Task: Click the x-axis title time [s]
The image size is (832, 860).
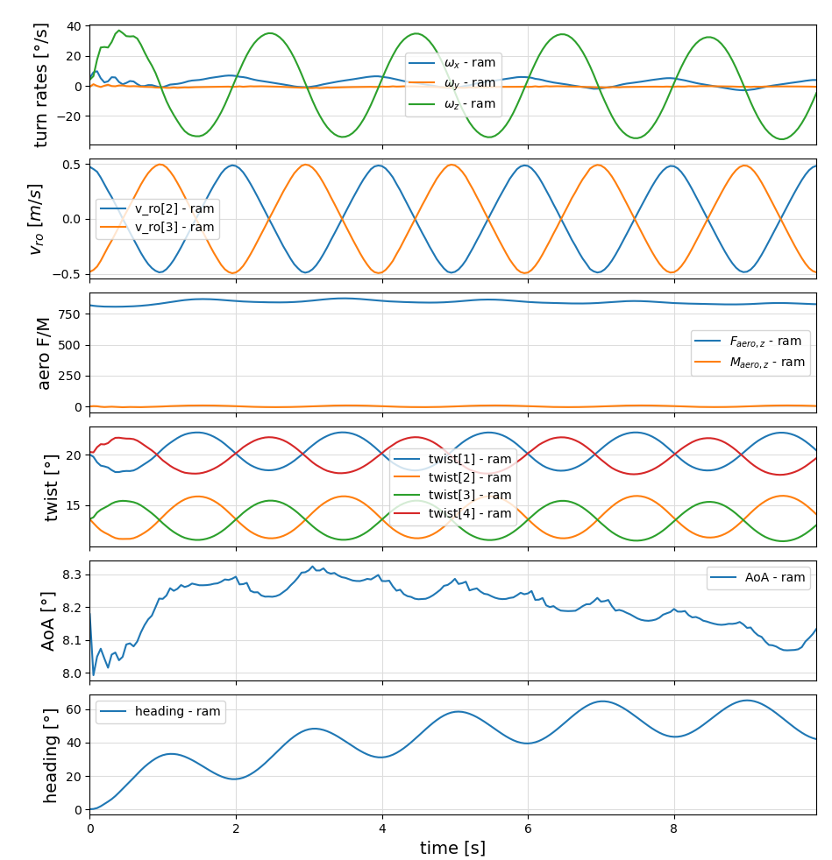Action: point(452,848)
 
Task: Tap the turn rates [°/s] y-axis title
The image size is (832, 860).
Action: point(42,85)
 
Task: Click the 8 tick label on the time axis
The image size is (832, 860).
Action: point(673,828)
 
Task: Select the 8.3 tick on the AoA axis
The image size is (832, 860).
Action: point(73,575)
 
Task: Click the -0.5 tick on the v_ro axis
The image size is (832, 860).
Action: point(69,274)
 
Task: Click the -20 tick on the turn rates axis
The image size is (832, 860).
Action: point(69,116)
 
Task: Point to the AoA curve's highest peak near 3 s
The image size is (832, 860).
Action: point(311,567)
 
